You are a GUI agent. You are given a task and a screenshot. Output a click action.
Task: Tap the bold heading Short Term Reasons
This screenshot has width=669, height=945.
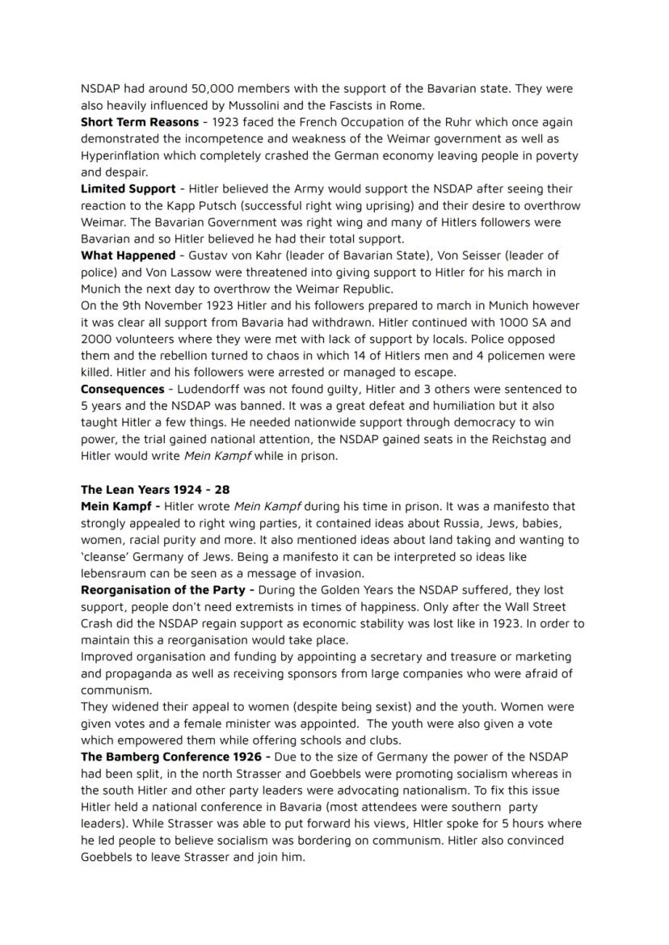140,122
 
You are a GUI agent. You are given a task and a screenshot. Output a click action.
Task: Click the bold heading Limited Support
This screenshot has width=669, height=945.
128,189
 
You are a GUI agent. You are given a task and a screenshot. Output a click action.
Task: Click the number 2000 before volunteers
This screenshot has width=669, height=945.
96,339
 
